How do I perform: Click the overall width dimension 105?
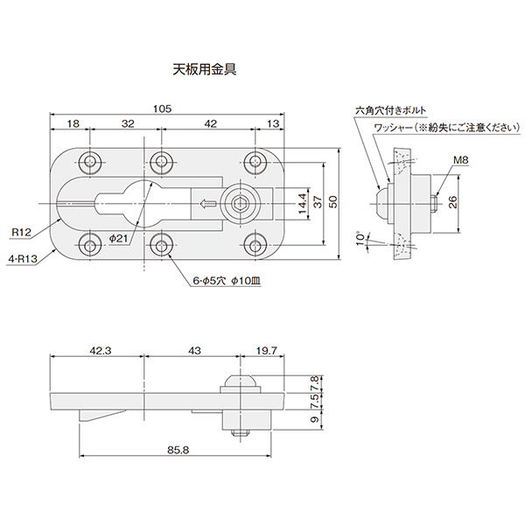point(161,108)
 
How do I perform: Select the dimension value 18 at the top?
point(72,124)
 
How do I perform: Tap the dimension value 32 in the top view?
point(128,124)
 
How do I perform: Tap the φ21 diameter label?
point(121,238)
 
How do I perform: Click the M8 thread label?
point(462,160)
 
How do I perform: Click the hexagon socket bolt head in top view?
point(239,205)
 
